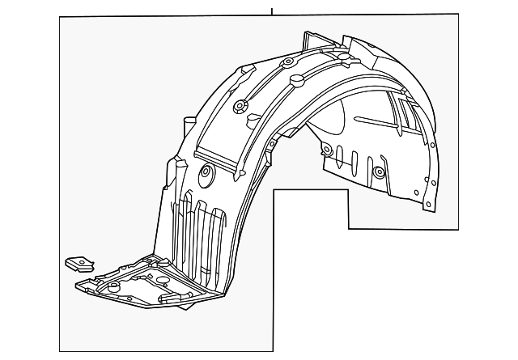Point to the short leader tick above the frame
pyautogui.click(x=273, y=11)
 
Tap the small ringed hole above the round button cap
pyautogui.click(x=287, y=62)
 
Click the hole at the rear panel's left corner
pyautogui.click(x=326, y=150)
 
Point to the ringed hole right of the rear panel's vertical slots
pyautogui.click(x=379, y=172)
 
